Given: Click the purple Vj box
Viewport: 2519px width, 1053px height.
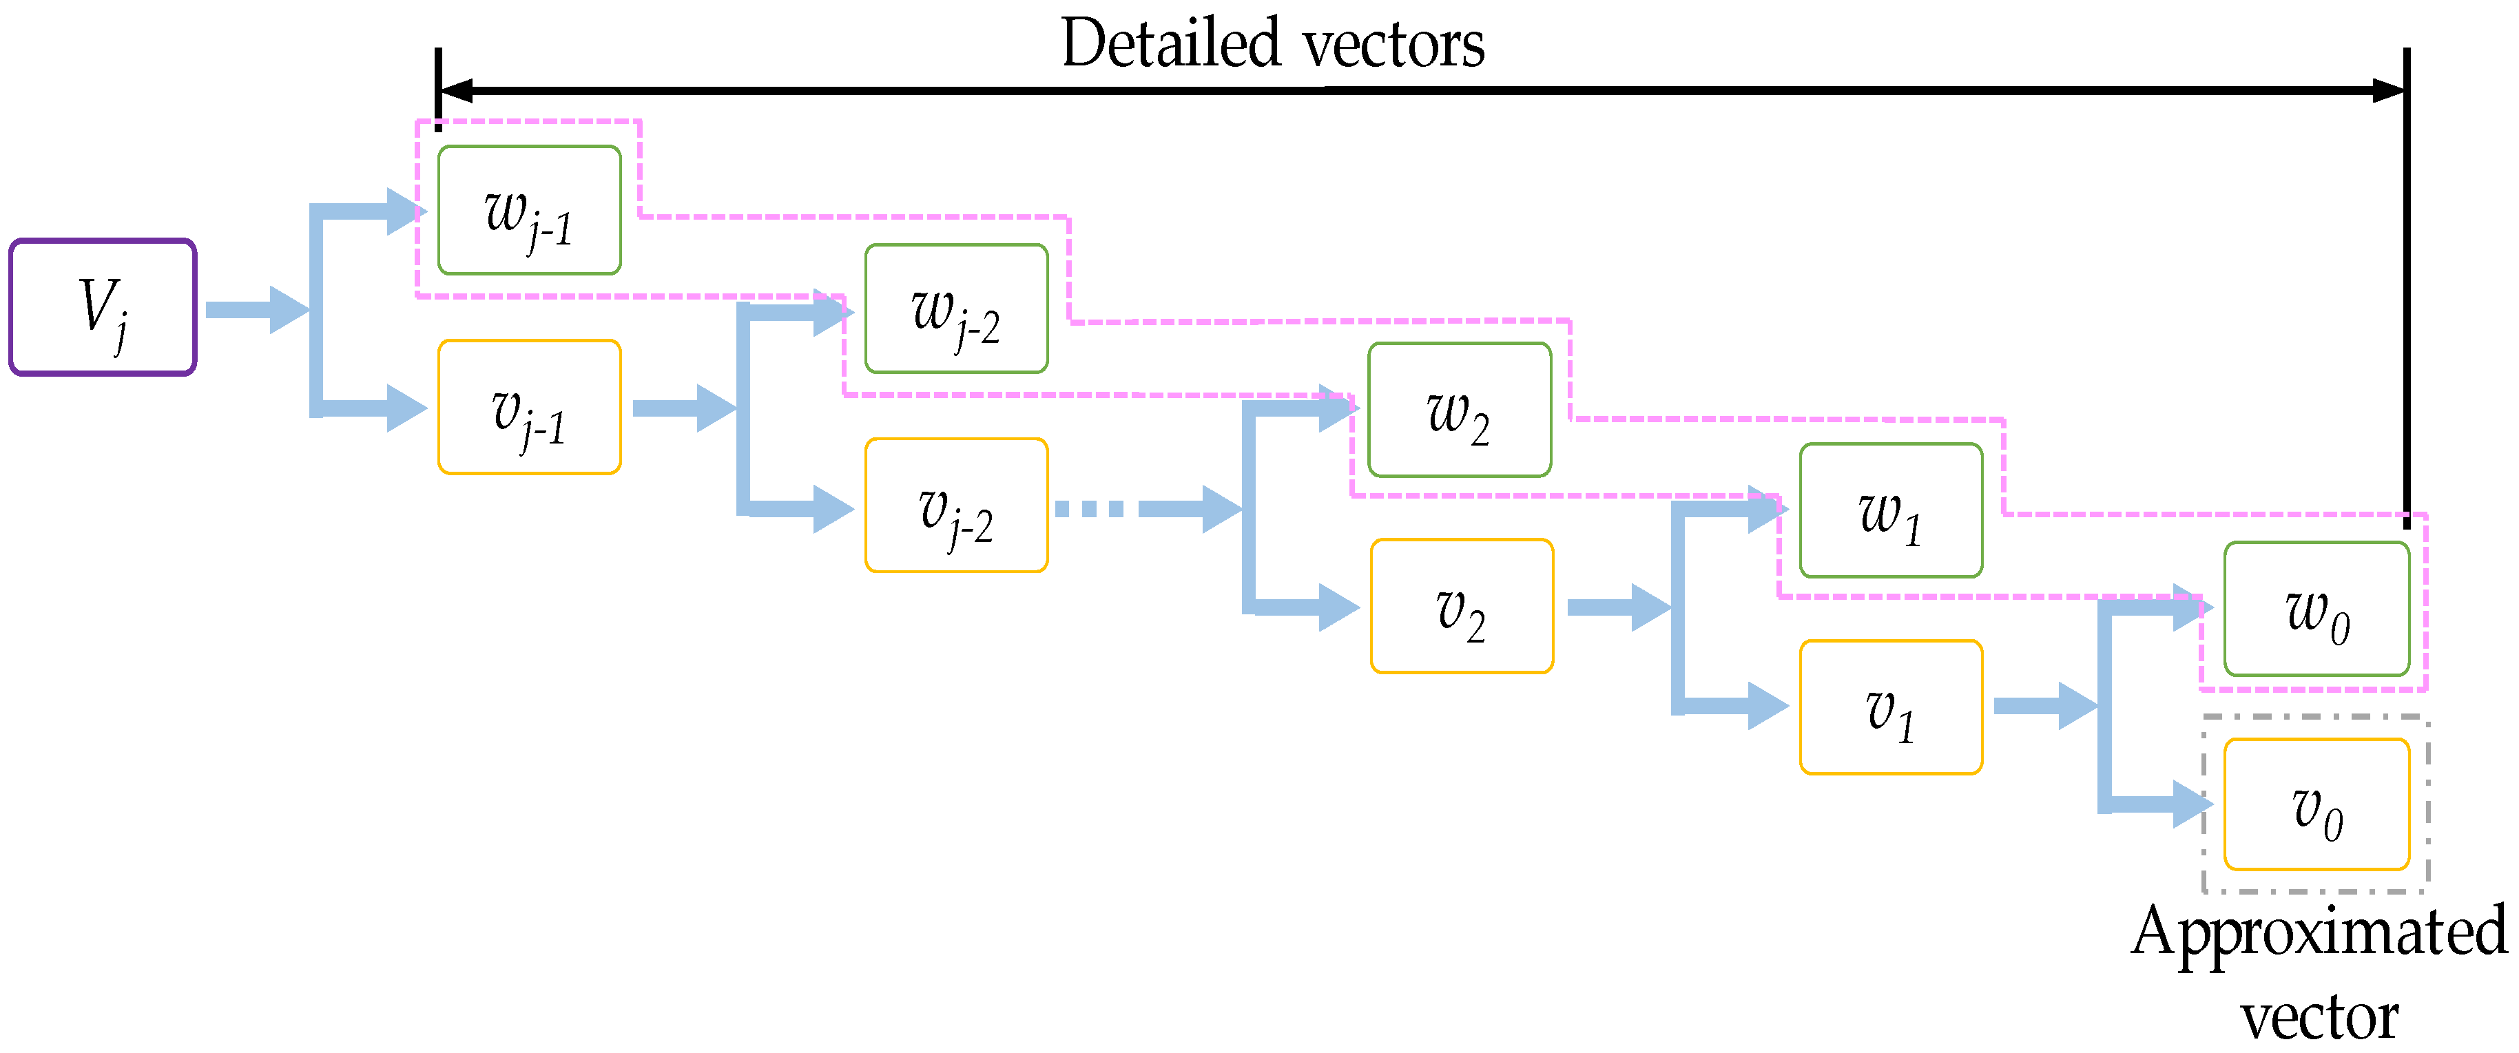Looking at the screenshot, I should coord(103,307).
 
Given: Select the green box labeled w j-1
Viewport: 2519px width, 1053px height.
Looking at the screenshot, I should coord(529,210).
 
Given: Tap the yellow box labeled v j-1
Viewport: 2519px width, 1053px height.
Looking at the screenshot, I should coord(529,407).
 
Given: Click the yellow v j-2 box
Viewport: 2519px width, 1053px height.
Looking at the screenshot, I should coord(956,505).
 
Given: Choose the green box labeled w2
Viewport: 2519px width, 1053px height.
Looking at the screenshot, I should coord(1459,410).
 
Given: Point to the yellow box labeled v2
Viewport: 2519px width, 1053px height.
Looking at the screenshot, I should coord(1462,606).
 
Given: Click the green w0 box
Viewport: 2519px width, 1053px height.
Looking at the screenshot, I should coord(2316,609).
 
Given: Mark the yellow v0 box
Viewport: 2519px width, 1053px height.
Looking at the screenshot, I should coord(2316,804).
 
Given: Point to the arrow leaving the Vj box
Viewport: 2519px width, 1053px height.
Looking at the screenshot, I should coord(254,310).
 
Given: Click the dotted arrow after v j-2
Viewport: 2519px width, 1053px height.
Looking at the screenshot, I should coord(1144,508).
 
